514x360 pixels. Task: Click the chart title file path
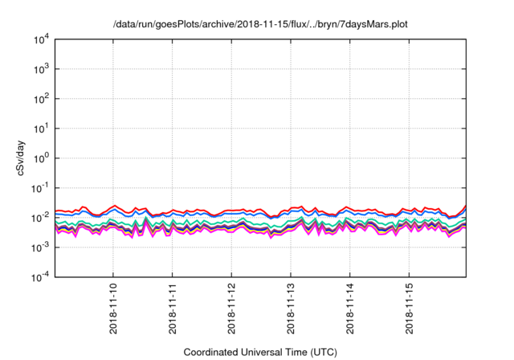pyautogui.click(x=261, y=24)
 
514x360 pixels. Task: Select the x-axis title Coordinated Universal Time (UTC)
pyautogui.click(x=261, y=352)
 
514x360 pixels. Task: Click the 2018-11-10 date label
pyautogui.click(x=113, y=309)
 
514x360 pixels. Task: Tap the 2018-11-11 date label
pyautogui.click(x=173, y=309)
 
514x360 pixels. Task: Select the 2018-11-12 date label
pyautogui.click(x=232, y=309)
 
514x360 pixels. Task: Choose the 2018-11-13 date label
pyautogui.click(x=291, y=309)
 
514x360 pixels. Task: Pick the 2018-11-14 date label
pyautogui.click(x=350, y=309)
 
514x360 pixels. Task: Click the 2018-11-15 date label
pyautogui.click(x=410, y=309)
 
